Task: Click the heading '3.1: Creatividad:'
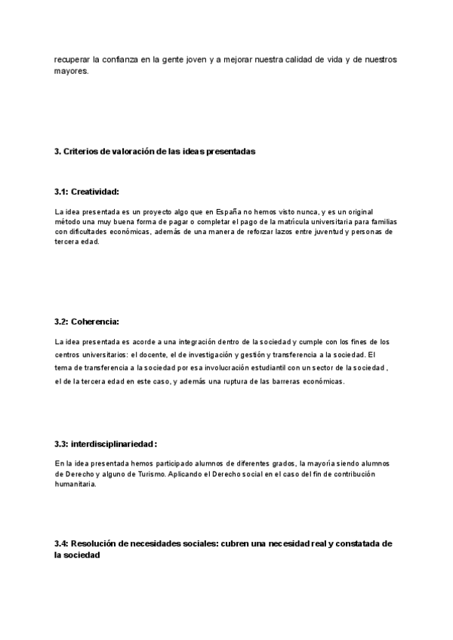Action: click(x=87, y=192)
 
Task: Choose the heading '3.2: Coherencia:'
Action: click(x=87, y=322)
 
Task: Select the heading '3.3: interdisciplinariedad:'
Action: click(x=105, y=443)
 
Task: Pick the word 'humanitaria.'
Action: click(x=75, y=484)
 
